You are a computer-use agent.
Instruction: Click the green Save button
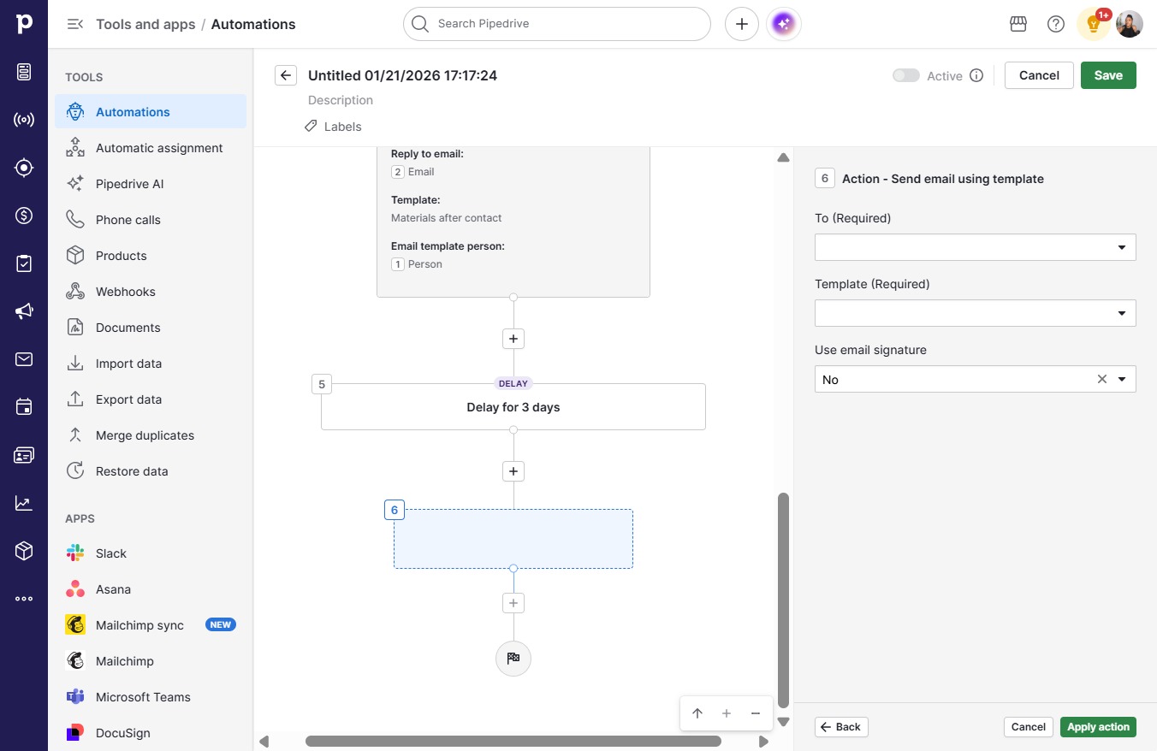[1108, 75]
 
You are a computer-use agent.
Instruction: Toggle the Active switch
[906, 75]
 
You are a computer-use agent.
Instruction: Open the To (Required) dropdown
[975, 247]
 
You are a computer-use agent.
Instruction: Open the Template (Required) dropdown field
[975, 313]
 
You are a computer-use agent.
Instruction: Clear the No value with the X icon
[1101, 380]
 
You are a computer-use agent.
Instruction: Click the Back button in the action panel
[841, 727]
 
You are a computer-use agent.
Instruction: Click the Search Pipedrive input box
[557, 24]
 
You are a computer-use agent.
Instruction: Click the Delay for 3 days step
[513, 407]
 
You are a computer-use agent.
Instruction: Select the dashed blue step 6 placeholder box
[513, 539]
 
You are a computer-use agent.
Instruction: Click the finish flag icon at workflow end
[513, 658]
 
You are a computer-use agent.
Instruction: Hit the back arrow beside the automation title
[286, 75]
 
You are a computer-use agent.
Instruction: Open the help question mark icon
[1055, 24]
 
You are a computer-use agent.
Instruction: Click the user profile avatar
[1129, 24]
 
